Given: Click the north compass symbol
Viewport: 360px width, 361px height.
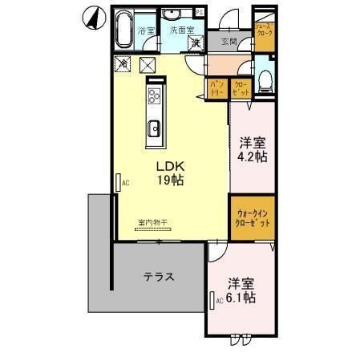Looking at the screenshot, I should coord(92,16).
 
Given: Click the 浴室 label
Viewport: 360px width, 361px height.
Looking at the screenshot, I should coord(146,30).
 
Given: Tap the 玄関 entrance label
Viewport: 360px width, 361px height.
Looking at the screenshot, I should coord(228,42).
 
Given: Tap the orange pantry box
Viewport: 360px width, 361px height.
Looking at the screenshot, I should coord(217,87).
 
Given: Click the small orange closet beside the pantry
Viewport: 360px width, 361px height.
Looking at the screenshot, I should coord(241,87).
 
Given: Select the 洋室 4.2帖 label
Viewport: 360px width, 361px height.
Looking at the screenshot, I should coord(253,150).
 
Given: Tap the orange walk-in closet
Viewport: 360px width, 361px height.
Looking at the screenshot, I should coord(253,217).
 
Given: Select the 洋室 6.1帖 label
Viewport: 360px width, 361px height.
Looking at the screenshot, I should coord(241,290).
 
